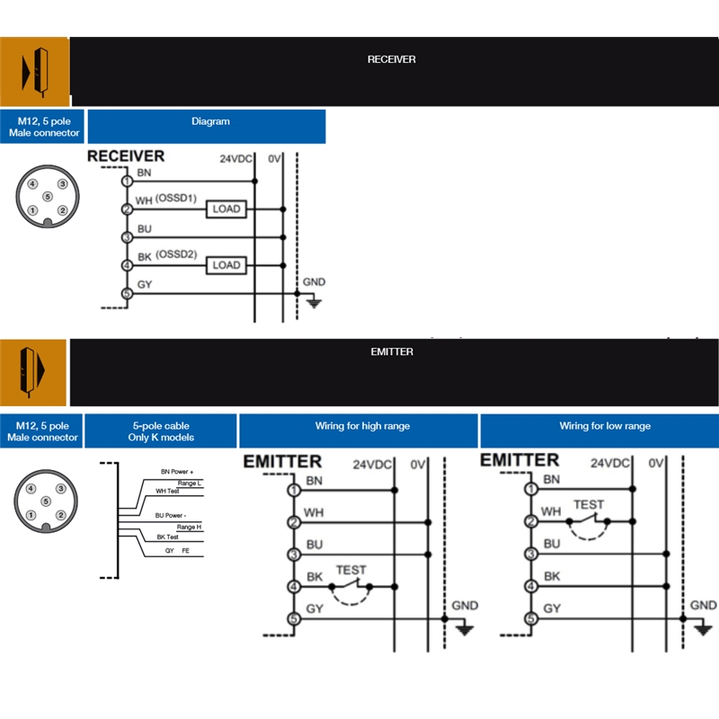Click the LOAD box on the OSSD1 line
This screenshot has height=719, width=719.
click(x=226, y=209)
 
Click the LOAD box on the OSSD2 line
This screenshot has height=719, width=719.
click(x=226, y=265)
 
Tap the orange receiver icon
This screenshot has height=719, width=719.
click(x=34, y=72)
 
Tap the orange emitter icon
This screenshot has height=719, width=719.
click(x=33, y=372)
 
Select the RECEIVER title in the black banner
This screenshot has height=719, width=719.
click(x=391, y=59)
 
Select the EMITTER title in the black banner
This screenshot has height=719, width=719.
click(x=392, y=351)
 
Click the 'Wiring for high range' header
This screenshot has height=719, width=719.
click(x=358, y=431)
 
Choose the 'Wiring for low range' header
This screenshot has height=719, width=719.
click(x=599, y=431)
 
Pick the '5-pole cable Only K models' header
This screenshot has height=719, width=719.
click(x=161, y=431)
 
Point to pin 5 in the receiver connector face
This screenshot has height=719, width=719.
click(x=48, y=197)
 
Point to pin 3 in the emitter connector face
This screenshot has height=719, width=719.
click(x=61, y=489)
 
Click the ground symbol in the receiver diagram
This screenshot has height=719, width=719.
click(x=314, y=303)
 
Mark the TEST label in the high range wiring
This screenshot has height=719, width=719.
click(x=351, y=570)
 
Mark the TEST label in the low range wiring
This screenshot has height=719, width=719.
click(x=589, y=505)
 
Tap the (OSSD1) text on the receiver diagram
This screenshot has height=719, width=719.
click(x=176, y=198)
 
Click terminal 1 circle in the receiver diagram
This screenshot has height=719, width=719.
click(x=127, y=182)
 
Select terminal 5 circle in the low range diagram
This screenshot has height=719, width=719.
click(x=531, y=618)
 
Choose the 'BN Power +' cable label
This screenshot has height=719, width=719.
click(x=177, y=471)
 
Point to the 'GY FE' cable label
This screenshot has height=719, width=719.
click(x=177, y=550)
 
